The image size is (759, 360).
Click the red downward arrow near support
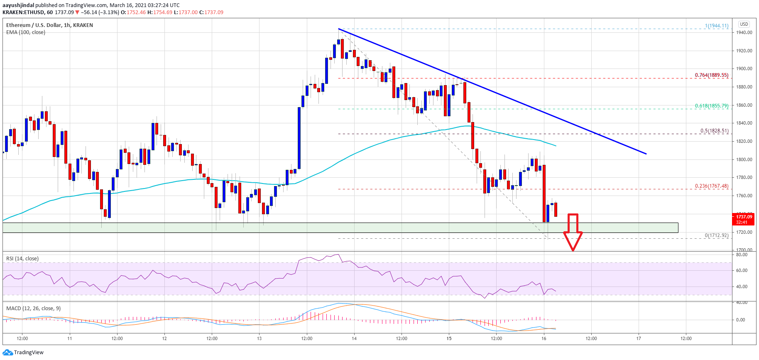click(573, 233)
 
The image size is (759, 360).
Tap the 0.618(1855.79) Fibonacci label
click(712, 106)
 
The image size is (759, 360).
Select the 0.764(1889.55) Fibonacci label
click(712, 75)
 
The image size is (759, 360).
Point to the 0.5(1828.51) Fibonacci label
click(714, 131)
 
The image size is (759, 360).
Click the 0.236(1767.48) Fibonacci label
click(712, 186)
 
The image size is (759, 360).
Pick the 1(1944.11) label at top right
click(716, 26)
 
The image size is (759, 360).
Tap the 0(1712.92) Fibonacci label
click(716, 235)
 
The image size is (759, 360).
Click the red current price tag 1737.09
click(744, 217)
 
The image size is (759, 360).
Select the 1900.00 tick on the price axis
click(744, 69)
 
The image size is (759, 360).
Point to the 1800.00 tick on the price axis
click(744, 159)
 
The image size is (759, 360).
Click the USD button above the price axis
click(744, 24)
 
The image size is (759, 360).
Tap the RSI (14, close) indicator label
click(22, 259)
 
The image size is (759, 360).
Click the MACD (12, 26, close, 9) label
click(33, 309)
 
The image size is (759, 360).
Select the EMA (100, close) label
click(26, 32)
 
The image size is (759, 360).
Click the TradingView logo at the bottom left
click(23, 353)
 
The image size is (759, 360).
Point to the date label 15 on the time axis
click(449, 338)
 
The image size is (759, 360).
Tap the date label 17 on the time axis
click(639, 338)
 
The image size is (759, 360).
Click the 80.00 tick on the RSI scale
click(742, 255)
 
